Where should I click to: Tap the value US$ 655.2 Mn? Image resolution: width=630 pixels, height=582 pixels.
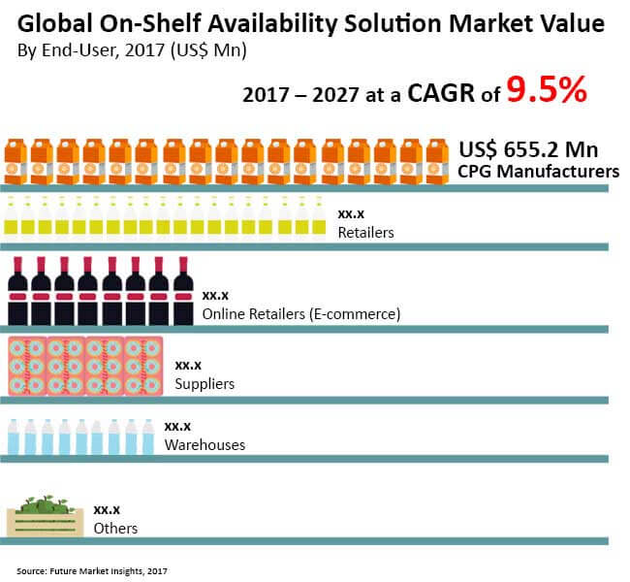tap(528, 150)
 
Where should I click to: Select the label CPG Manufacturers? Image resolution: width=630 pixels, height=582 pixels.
tap(539, 172)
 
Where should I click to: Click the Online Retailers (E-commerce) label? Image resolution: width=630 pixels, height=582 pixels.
tap(301, 313)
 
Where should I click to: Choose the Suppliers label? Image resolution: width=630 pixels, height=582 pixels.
tap(205, 384)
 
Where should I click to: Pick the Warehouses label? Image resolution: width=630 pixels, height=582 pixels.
tap(205, 444)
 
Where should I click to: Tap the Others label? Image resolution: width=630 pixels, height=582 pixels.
tap(115, 529)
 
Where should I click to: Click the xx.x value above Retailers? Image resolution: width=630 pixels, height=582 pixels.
tap(351, 213)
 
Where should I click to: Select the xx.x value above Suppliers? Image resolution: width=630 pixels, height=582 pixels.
tap(188, 366)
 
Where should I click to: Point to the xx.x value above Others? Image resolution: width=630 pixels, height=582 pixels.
tap(107, 509)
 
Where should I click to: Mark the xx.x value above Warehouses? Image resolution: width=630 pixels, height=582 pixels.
tap(177, 426)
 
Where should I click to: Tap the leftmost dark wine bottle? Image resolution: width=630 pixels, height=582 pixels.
tap(17, 291)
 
